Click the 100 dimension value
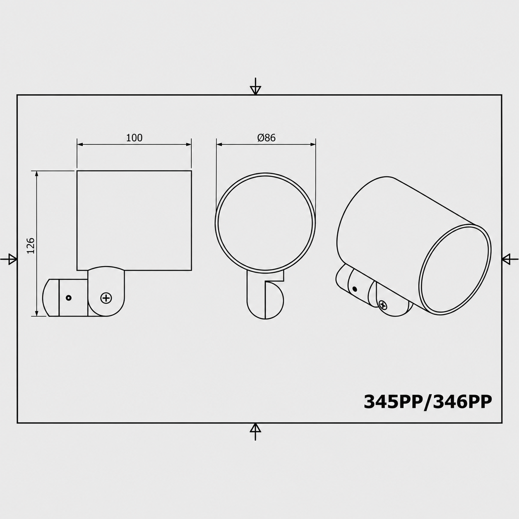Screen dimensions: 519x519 (134, 138)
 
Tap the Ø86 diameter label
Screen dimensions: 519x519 (267, 138)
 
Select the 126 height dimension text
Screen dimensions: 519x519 (31, 245)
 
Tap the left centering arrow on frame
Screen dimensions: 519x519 (9, 259)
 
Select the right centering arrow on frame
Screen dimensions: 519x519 (510, 259)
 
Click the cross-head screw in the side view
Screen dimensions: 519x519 (106, 298)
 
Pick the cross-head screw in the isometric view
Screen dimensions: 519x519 (383, 305)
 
